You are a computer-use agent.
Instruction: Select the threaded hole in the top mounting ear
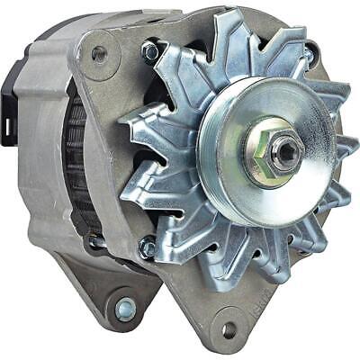coord(99,54)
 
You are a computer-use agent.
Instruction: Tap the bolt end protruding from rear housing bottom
coord(94,242)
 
